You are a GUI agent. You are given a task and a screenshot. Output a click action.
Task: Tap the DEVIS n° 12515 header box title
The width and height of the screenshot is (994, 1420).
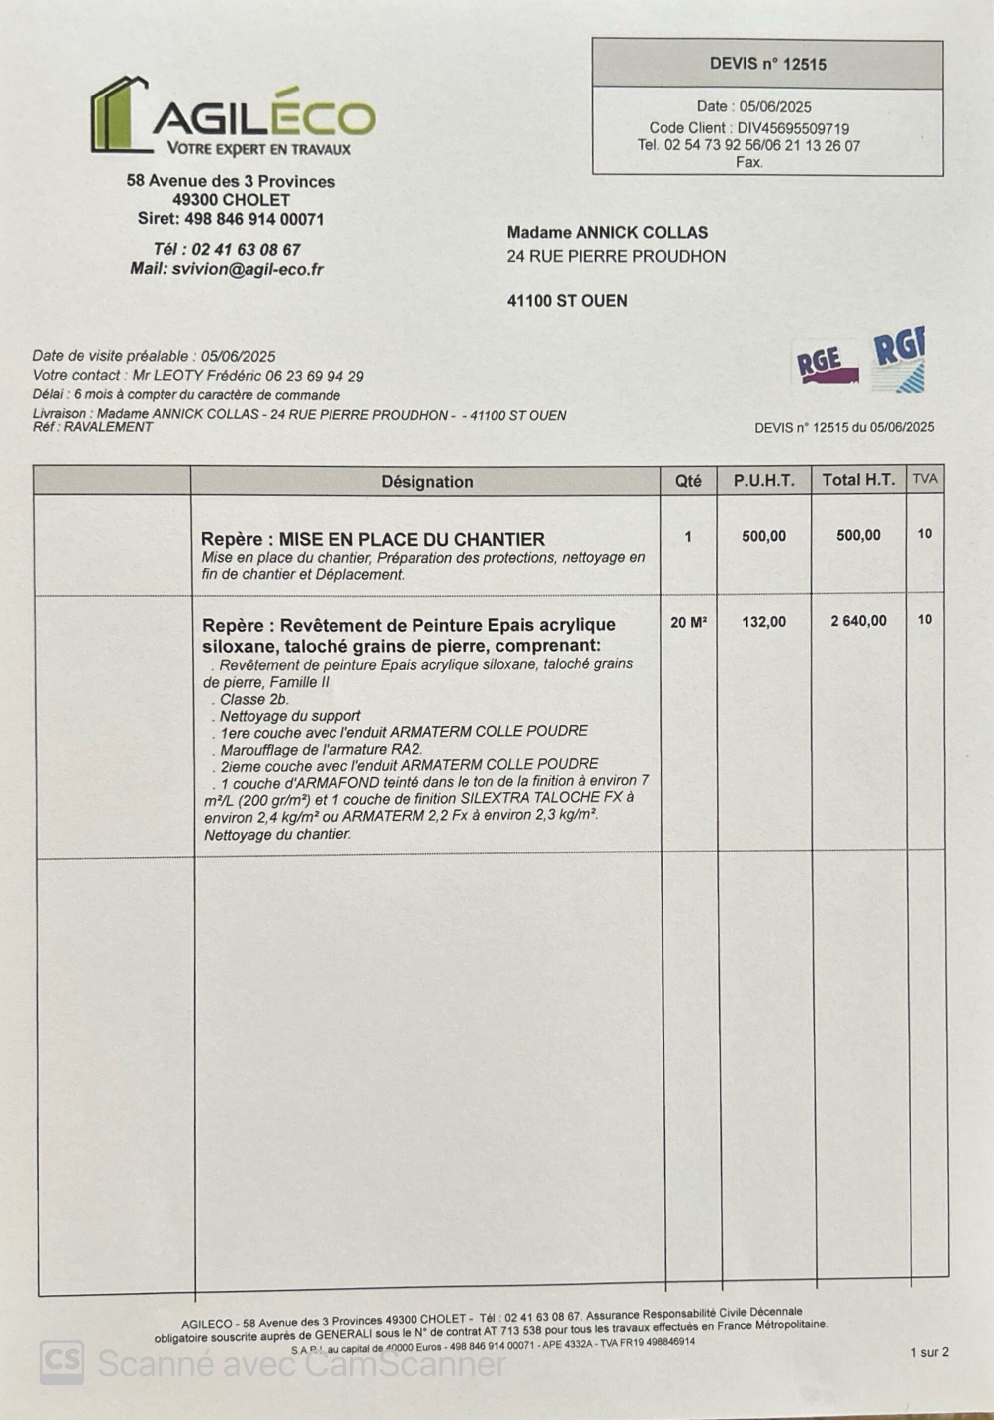pos(767,64)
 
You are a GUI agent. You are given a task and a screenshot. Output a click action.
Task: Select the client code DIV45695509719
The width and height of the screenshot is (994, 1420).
pos(793,129)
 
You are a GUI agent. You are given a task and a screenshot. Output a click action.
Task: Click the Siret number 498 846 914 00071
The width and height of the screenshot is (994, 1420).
pos(253,219)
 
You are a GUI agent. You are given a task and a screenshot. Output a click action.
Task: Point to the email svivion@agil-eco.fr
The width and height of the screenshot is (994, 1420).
pos(248,269)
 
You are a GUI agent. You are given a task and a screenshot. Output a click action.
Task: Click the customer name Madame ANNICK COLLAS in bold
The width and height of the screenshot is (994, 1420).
pos(607,233)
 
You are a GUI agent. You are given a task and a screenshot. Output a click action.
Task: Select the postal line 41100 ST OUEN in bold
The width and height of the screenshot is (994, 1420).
pos(567,301)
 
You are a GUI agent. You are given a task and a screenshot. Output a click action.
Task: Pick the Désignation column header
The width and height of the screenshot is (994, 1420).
pos(426,482)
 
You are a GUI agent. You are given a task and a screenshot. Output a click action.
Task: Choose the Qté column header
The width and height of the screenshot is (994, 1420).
pos(688,481)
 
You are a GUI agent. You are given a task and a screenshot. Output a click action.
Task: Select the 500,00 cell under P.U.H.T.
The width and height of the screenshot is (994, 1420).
pos(763,536)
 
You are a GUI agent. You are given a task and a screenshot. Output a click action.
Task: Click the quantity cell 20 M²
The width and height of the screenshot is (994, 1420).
pos(688,622)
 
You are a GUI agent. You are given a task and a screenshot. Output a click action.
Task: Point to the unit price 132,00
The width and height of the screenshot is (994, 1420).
pos(763,622)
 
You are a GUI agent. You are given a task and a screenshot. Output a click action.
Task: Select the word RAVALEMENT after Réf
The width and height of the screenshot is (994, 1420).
pos(108,427)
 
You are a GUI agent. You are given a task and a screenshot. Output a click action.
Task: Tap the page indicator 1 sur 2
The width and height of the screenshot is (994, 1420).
pos(929,1352)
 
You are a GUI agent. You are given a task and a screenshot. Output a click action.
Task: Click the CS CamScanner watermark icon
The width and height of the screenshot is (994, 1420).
pos(62,1362)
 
